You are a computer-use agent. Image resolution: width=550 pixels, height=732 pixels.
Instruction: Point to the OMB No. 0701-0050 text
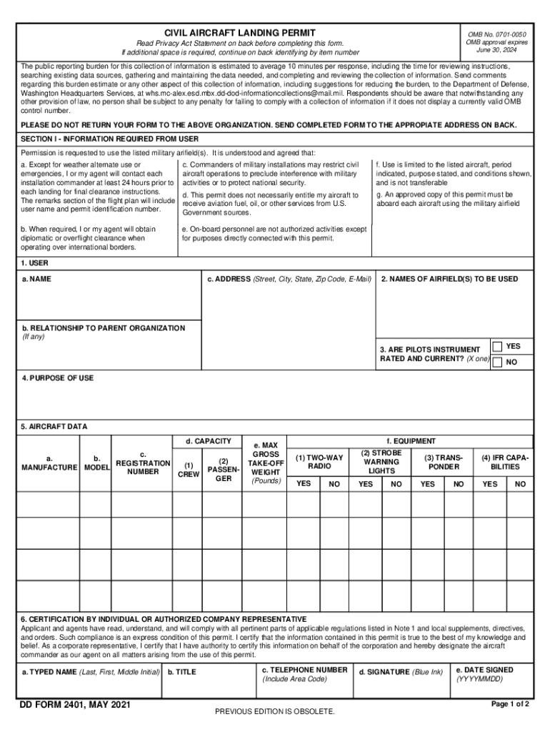(496, 34)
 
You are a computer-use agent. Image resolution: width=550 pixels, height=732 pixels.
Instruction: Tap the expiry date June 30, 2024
(496, 51)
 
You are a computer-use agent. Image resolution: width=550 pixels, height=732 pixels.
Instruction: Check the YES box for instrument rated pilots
(497, 347)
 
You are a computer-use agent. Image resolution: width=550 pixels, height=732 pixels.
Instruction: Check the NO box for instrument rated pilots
(497, 362)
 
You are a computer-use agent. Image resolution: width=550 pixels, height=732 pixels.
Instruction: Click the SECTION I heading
(109, 139)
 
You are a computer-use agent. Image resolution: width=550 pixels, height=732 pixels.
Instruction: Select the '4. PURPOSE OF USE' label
(57, 378)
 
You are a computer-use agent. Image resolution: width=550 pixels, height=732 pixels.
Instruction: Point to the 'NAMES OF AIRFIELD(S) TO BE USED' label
(449, 280)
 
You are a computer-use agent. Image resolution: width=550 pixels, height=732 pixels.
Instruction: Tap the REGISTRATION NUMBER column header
(143, 463)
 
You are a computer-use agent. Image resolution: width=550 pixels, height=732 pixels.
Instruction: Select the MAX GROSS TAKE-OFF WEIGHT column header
(266, 463)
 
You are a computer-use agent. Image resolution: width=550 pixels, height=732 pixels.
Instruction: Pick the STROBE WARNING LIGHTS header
(381, 462)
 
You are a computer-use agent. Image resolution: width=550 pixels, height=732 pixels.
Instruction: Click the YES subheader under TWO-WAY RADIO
(303, 484)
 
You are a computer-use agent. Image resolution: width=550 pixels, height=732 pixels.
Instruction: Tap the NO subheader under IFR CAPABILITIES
(520, 484)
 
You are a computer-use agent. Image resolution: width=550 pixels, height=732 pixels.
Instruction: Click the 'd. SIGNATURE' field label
(401, 672)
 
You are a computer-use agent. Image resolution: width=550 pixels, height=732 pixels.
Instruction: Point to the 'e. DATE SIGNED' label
(484, 671)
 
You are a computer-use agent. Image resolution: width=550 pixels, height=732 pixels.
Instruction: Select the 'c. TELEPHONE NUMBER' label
(304, 670)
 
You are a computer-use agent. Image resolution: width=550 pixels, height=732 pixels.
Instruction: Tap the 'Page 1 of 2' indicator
(510, 704)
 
